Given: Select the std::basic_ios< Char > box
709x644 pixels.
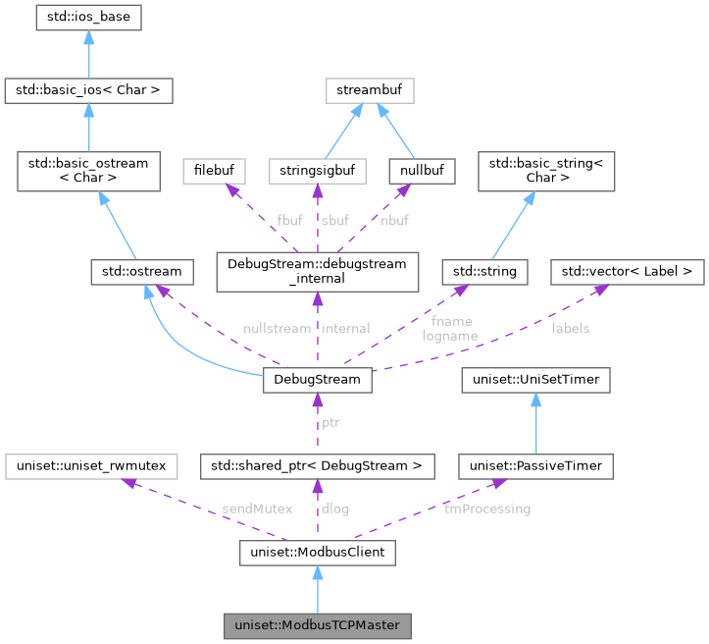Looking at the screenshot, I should coord(88,92).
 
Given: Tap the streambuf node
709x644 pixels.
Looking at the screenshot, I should coord(371,92).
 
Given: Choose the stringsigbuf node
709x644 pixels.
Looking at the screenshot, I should coord(317,171).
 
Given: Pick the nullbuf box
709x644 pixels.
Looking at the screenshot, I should coord(422,171).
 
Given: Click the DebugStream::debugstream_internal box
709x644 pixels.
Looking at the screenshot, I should coord(317,269).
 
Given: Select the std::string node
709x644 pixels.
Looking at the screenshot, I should coord(485,269).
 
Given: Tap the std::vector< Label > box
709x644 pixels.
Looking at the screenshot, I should coord(627,269).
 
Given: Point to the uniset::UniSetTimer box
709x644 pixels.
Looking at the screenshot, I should coord(537,379).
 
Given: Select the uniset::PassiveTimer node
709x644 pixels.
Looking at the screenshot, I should coord(537,465).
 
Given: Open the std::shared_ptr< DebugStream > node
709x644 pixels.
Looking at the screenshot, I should coord(317,465).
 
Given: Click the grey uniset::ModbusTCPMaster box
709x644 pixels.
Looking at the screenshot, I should coord(317,624).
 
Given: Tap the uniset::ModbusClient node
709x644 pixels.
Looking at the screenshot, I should coord(317,554).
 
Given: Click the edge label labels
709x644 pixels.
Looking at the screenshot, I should coord(571,329).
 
